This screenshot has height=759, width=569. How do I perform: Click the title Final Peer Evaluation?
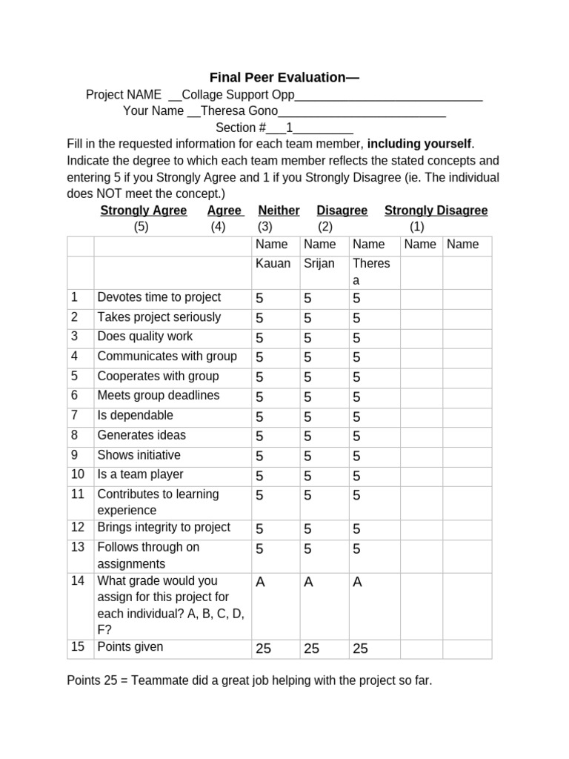coord(284,77)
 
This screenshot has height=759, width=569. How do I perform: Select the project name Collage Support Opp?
coord(238,95)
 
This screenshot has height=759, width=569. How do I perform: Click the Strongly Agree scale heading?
coord(144,211)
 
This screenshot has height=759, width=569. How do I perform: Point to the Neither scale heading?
coord(279,211)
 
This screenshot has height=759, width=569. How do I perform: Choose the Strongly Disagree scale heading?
coord(436,211)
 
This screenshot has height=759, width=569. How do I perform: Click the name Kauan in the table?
coord(273,264)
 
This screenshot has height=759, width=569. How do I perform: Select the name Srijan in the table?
coord(319,264)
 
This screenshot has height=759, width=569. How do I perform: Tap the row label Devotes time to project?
coord(159,297)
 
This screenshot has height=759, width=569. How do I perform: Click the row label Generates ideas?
coord(142,435)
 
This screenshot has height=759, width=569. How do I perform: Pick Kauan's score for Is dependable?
coord(259,417)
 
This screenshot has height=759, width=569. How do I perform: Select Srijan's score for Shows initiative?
coord(307,456)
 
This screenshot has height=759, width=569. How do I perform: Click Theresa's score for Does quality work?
coord(356,338)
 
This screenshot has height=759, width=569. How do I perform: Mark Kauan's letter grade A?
coord(260,583)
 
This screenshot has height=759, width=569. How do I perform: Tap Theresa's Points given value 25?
coord(360,649)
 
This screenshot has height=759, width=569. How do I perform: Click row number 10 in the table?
coord(78,474)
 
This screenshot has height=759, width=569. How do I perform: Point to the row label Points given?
coord(130,647)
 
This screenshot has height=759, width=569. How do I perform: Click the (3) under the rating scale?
coord(265,227)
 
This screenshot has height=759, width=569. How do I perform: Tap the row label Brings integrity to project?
coord(164,528)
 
